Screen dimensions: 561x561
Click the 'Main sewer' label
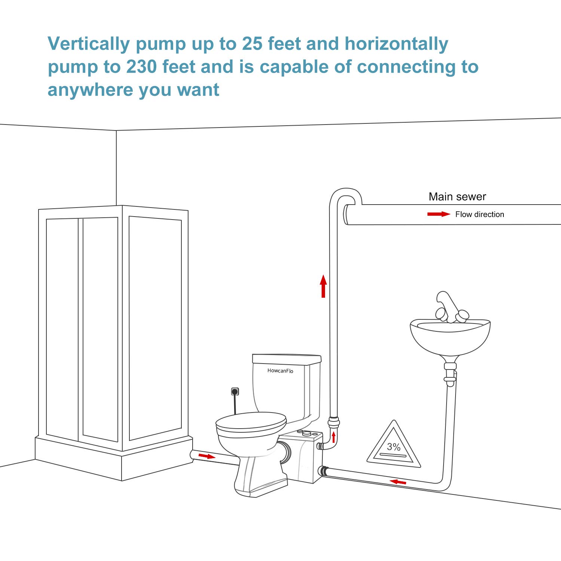457,197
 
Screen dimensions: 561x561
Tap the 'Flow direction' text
479,214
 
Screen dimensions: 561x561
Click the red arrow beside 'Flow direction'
439,214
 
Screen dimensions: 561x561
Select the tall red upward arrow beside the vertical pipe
324,286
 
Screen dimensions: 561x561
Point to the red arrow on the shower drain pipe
206,456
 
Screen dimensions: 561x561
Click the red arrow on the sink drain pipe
398,482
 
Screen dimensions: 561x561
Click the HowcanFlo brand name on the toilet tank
280,371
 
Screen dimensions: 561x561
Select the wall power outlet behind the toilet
235,392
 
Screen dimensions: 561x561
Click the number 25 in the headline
252,44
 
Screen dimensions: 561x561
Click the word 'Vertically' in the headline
88,44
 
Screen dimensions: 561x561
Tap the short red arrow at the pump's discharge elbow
334,437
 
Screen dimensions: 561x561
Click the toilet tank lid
286,359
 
